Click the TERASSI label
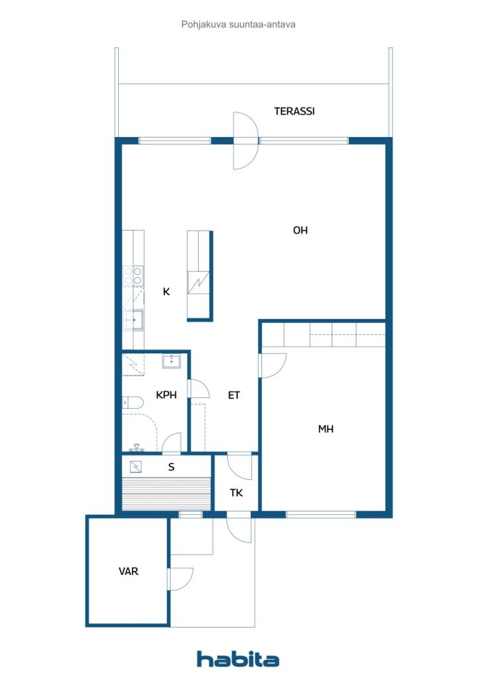click(294, 111)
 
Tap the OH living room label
click(300, 230)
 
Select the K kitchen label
click(166, 292)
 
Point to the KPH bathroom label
click(166, 395)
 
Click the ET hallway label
click(234, 396)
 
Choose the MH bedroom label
click(326, 428)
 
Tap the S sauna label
click(172, 467)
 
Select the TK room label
click(236, 493)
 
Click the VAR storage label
click(129, 572)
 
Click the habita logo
click(238, 659)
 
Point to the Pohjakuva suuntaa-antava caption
click(238, 24)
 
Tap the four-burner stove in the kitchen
click(133, 276)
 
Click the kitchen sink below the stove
click(133, 320)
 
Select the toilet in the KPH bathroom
click(133, 403)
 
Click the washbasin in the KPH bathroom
click(172, 361)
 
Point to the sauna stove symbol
click(136, 467)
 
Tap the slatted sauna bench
click(166, 494)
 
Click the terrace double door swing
click(246, 141)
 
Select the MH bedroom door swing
click(273, 366)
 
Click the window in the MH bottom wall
click(321, 514)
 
